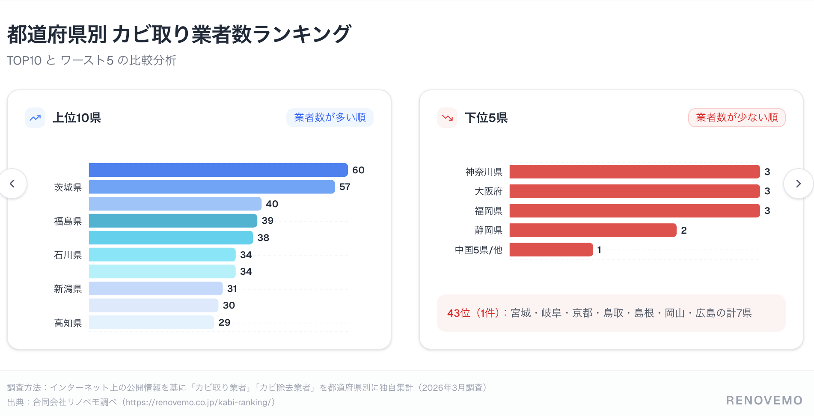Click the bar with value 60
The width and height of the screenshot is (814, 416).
coord(218,170)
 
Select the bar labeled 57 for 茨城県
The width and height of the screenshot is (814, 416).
coord(212,187)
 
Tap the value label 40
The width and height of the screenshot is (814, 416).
coord(272,204)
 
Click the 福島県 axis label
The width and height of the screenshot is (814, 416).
coord(68,221)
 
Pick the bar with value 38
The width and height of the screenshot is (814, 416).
coord(171,238)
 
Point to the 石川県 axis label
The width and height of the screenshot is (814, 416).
coord(68,255)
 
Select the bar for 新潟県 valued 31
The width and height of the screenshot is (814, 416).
coord(156,288)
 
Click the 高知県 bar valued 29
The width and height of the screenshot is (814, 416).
coord(152,322)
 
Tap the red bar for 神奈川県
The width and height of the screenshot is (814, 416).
coord(634,172)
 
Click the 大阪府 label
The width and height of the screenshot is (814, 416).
coord(488,191)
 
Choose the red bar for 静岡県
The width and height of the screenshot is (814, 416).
coord(593,230)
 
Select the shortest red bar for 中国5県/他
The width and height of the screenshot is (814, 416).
coord(551,250)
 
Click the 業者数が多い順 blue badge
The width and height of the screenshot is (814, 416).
coord(330,118)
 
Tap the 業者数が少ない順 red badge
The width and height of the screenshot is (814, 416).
coord(737,118)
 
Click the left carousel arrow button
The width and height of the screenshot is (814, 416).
coord(12,184)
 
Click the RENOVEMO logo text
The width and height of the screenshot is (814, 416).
coord(764,401)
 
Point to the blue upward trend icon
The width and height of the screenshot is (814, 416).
coord(35,118)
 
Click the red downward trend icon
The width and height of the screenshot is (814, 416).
coord(447,118)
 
